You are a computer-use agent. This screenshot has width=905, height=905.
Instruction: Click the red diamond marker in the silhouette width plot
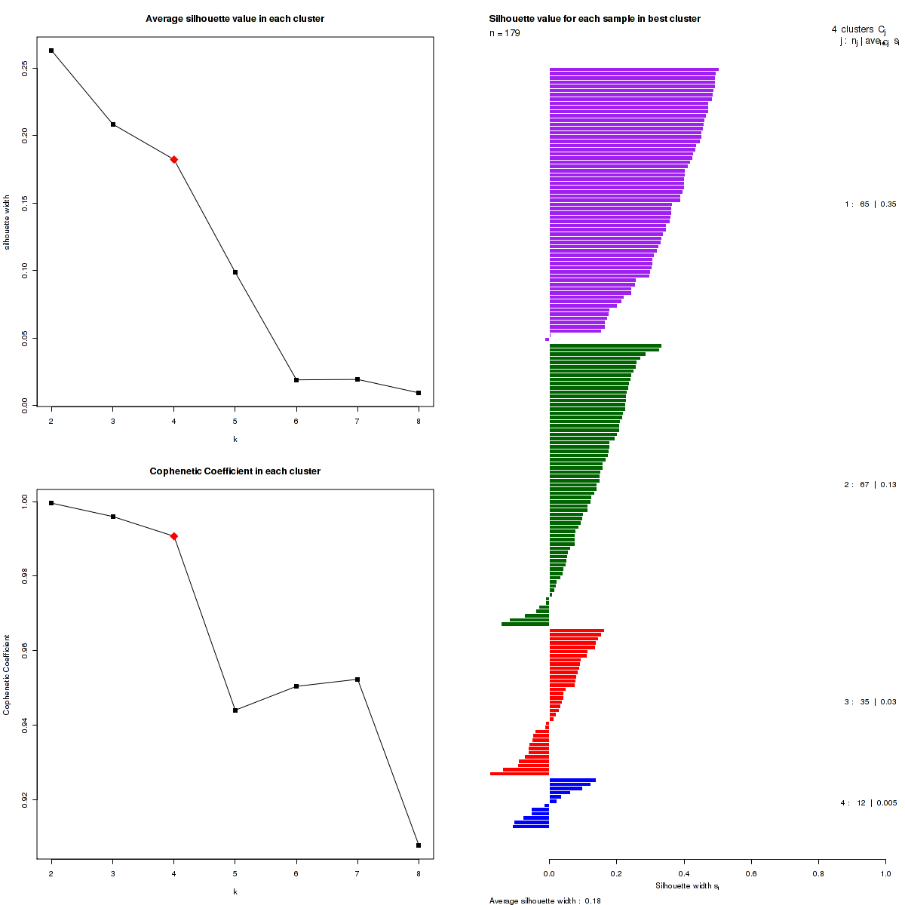click(174, 159)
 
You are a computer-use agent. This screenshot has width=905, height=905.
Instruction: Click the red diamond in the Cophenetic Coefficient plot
click(174, 536)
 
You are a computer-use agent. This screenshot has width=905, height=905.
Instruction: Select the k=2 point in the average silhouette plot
click(51, 51)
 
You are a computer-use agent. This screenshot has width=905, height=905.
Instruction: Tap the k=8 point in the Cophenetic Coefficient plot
click(419, 845)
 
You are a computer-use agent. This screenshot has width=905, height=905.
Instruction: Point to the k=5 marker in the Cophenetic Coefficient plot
click(235, 710)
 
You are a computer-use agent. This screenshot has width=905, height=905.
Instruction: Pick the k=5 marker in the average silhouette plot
click(235, 272)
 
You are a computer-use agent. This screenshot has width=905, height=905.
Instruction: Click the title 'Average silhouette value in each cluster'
click(235, 19)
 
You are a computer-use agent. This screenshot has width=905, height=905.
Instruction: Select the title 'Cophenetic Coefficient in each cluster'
click(235, 471)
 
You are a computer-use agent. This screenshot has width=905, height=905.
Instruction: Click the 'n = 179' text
click(505, 33)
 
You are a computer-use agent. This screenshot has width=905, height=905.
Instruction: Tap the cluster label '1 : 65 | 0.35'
click(870, 204)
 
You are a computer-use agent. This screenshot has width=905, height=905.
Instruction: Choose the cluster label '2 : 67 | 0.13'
click(870, 485)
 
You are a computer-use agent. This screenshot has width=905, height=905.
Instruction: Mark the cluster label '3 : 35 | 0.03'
click(870, 702)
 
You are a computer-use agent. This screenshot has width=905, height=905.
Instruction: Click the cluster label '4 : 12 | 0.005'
click(868, 803)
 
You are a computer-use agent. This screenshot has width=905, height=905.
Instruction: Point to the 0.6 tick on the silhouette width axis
click(751, 873)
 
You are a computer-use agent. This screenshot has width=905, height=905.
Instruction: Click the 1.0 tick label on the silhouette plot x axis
click(885, 873)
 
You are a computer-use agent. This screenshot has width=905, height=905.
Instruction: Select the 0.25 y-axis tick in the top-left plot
click(25, 68)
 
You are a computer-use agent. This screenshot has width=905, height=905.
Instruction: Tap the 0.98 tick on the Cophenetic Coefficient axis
click(25, 576)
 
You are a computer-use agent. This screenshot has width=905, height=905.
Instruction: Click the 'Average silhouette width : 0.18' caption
click(545, 900)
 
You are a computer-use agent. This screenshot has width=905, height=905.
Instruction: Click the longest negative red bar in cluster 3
click(520, 774)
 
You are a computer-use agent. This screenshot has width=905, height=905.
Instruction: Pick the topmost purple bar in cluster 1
click(633, 69)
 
